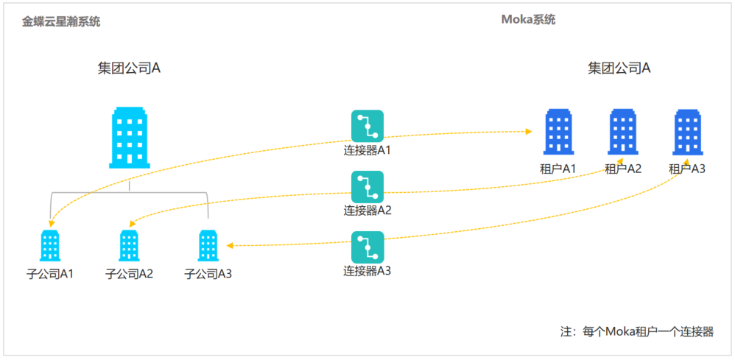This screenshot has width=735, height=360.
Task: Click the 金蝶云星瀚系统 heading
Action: (x=61, y=22)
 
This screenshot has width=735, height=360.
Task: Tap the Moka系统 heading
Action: (x=528, y=20)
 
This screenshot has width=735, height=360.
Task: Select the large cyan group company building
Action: (x=130, y=138)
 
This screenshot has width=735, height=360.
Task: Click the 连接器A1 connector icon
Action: (x=367, y=126)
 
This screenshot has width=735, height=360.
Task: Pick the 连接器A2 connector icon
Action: (x=367, y=187)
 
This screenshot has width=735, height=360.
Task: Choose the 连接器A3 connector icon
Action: (x=367, y=247)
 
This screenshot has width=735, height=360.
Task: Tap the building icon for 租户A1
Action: (x=558, y=132)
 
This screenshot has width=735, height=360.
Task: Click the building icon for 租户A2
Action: (x=622, y=132)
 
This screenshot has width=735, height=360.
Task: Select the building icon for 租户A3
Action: (x=686, y=132)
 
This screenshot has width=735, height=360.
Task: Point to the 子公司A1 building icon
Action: (x=50, y=245)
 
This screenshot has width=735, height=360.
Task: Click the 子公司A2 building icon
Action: (x=129, y=245)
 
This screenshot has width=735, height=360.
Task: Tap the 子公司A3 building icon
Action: (x=208, y=245)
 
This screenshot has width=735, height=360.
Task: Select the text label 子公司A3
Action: (x=208, y=275)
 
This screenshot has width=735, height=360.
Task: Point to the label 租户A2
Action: (x=622, y=169)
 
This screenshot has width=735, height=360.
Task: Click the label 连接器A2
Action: (x=367, y=210)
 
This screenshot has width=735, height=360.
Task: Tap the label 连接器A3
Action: (x=367, y=270)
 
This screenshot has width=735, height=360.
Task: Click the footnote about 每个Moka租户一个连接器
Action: (x=637, y=332)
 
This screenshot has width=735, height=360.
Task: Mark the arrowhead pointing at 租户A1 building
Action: (x=529, y=132)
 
